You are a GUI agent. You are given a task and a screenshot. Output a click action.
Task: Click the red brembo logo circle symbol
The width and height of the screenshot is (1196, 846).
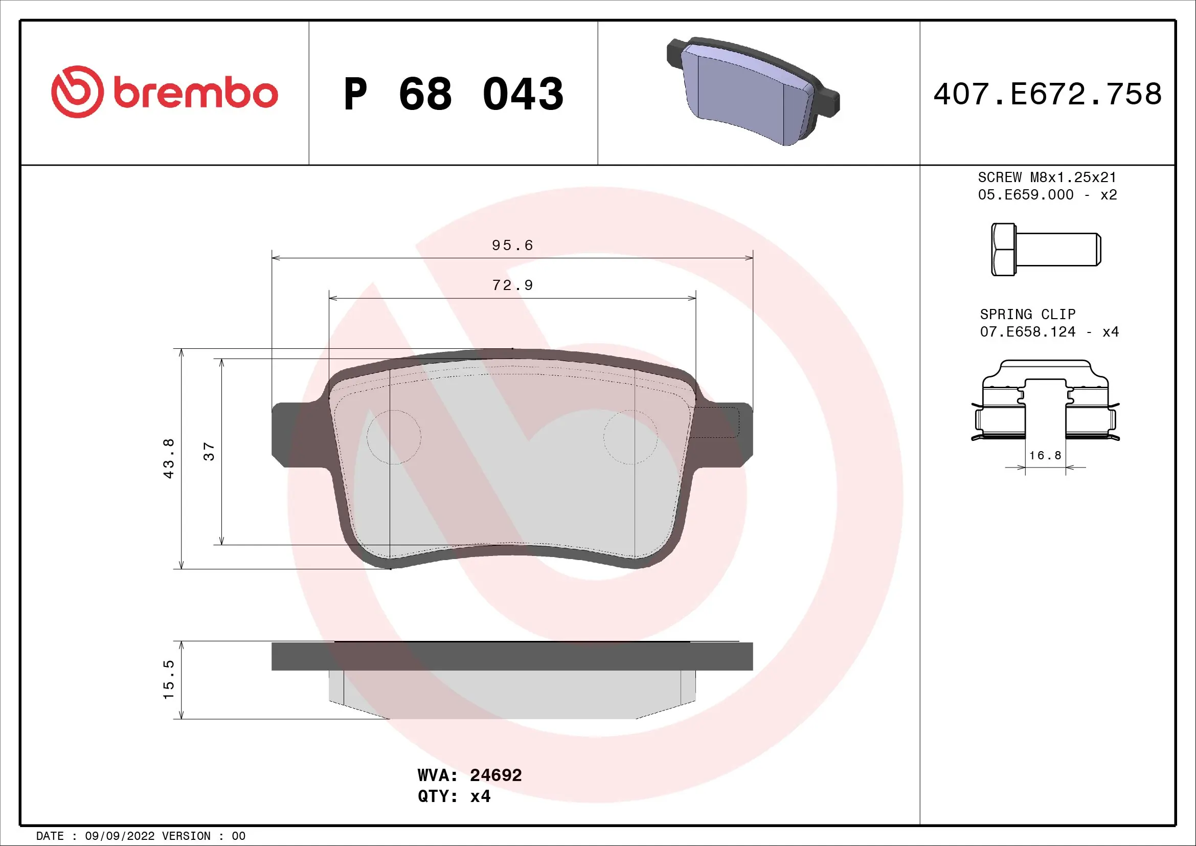tap(77, 92)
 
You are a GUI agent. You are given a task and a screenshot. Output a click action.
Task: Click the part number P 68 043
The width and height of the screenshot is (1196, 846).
tap(453, 94)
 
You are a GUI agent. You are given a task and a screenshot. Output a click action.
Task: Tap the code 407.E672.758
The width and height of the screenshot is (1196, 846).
tap(1047, 94)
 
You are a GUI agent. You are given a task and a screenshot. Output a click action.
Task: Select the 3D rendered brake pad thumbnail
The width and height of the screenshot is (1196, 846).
tap(753, 92)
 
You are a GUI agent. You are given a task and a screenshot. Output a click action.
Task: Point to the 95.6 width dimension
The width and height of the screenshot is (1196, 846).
tap(512, 245)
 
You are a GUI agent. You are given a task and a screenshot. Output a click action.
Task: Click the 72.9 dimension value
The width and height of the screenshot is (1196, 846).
tap(512, 285)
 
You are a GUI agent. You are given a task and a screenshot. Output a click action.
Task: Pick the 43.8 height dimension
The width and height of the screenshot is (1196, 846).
tap(168, 458)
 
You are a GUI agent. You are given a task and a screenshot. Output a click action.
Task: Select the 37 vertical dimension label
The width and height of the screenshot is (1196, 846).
tap(208, 451)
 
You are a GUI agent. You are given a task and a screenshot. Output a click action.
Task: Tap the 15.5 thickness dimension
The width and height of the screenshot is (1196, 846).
tap(168, 680)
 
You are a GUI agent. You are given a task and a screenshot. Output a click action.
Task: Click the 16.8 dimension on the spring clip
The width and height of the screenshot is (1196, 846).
tap(1045, 455)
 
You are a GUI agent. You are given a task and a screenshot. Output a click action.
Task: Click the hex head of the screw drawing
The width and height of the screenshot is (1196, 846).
tap(1003, 250)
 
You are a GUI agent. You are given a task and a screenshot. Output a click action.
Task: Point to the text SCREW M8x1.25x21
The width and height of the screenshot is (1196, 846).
tap(1047, 177)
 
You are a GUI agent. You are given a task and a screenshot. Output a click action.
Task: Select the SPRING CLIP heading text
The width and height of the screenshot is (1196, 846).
tap(1027, 314)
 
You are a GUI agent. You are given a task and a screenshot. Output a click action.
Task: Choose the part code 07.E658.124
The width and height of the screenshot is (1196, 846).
tap(1027, 332)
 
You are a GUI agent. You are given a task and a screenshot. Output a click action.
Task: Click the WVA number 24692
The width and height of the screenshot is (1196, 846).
tap(495, 775)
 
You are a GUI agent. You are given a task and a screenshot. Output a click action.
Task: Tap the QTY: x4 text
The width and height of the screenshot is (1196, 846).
tap(454, 796)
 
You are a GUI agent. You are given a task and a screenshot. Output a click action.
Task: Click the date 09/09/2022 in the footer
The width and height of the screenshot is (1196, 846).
tap(119, 836)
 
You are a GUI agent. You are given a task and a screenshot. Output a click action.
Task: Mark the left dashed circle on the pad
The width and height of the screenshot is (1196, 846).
tap(394, 437)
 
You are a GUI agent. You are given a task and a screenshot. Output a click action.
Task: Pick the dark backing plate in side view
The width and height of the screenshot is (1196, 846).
tap(512, 656)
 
